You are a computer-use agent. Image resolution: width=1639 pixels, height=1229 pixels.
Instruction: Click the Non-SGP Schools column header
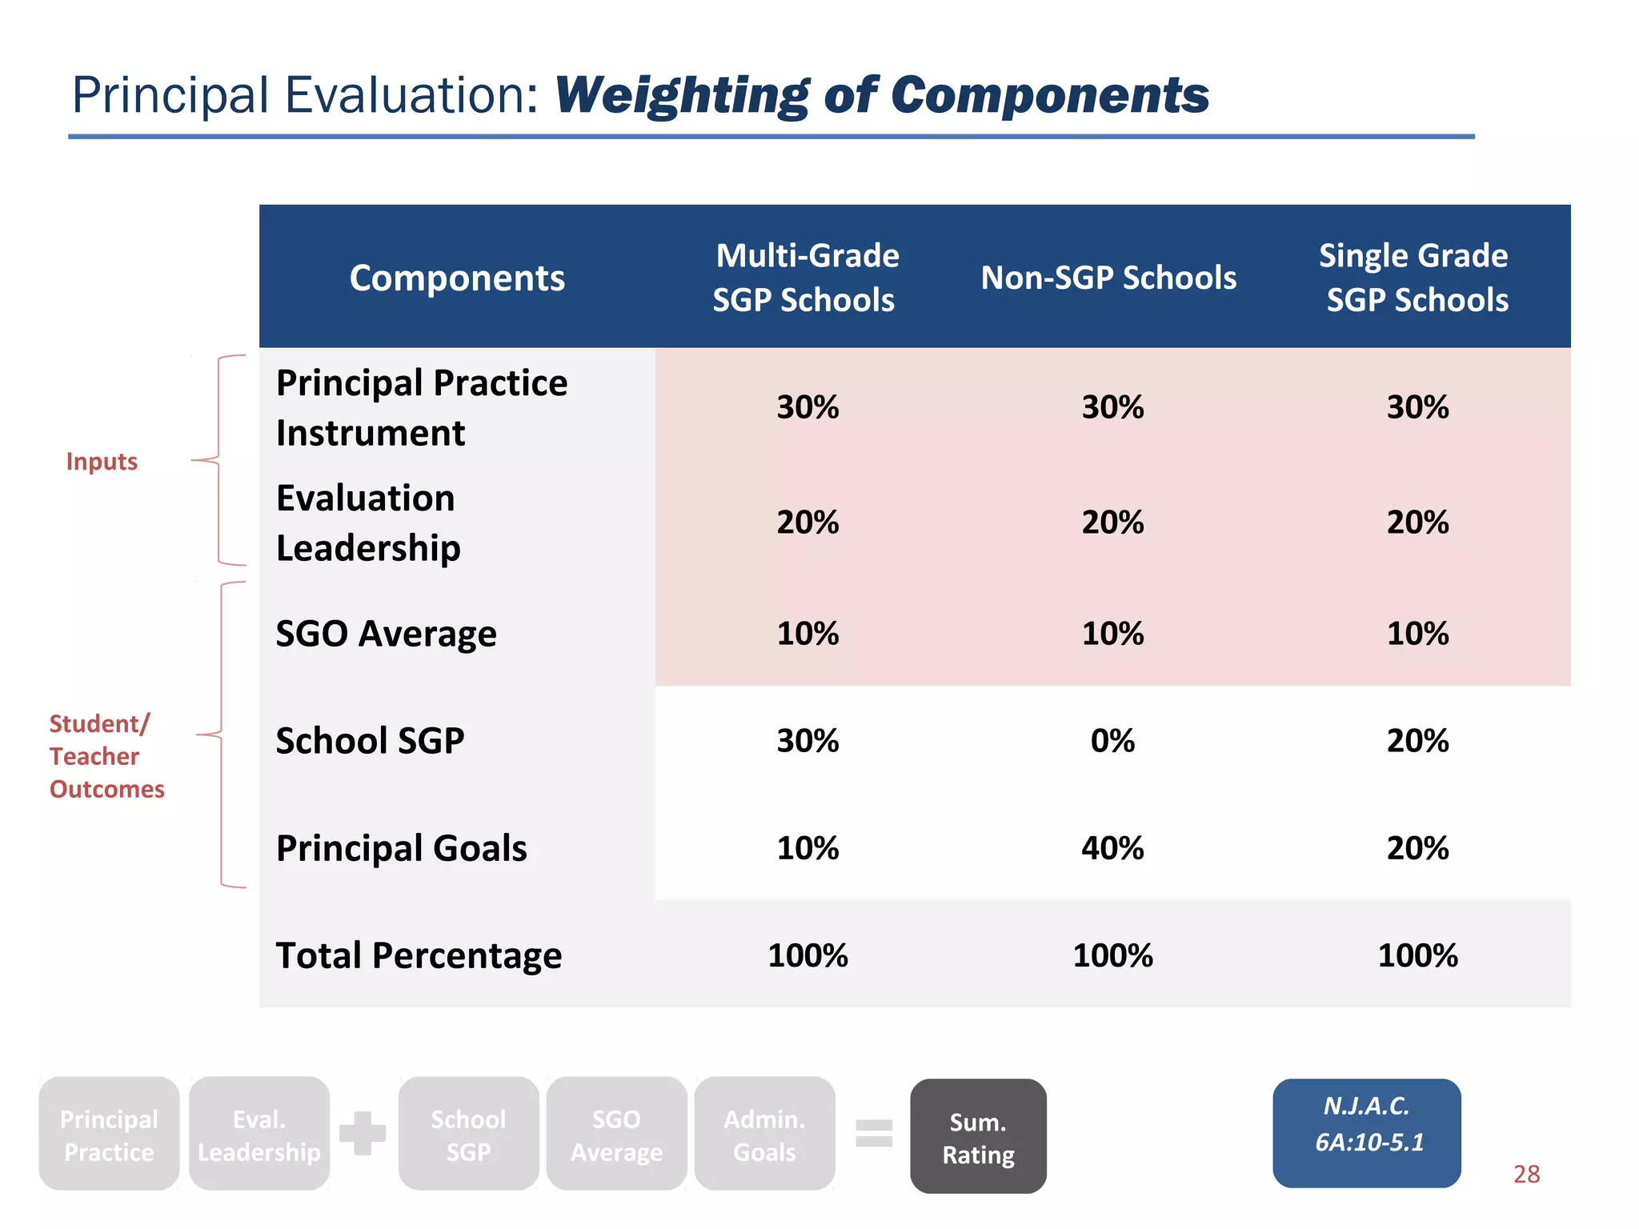[x=1108, y=278]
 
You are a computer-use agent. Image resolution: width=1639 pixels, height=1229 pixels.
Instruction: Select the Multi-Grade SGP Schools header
[x=806, y=278]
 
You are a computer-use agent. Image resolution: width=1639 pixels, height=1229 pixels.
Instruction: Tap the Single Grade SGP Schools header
[x=1416, y=278]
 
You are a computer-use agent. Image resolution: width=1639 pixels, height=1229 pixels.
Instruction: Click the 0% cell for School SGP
[x=1112, y=741]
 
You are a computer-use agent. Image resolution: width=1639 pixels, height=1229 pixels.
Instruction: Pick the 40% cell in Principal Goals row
[x=1112, y=848]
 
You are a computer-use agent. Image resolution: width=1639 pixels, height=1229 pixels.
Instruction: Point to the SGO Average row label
[x=387, y=634]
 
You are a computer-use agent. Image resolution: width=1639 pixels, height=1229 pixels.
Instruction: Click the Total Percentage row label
[x=419, y=955]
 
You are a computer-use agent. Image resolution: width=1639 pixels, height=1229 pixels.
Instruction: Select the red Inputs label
[x=102, y=462]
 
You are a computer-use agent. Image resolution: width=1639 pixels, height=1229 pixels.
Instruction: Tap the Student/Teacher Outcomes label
[x=106, y=756]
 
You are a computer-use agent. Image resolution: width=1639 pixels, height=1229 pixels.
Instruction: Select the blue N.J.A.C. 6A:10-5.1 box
[x=1367, y=1132]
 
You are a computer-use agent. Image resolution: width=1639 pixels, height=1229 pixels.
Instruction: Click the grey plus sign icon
[x=363, y=1133]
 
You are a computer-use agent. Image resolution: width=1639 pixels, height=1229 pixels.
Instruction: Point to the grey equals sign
[x=874, y=1133]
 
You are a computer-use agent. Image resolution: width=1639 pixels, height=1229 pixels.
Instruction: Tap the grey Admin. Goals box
[x=764, y=1135]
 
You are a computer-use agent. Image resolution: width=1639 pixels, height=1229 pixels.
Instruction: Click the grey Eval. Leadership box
[x=259, y=1135]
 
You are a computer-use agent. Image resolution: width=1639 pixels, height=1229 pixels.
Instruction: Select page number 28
[x=1526, y=1174]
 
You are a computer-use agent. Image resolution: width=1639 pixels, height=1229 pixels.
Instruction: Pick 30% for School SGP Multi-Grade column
[x=807, y=741]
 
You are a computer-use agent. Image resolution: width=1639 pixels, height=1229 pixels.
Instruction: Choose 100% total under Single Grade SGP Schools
[x=1417, y=955]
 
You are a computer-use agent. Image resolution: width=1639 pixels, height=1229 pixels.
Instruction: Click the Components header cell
[x=457, y=278]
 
